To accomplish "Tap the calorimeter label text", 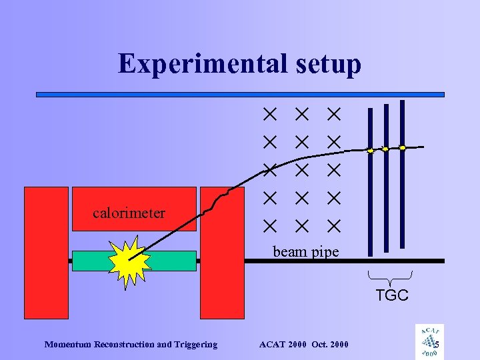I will click(129, 213).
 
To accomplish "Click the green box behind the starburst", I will click(173, 261).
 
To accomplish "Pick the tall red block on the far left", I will click(46, 252).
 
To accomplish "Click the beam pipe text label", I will click(306, 252).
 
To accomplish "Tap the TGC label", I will click(391, 295).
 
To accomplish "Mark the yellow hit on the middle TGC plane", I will click(385, 149).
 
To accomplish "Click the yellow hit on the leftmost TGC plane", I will click(371, 151).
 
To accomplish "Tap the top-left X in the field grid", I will click(269, 115).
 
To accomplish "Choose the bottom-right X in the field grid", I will click(333, 226).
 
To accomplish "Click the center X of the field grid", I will click(301, 170).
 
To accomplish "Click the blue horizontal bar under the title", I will click(240, 95).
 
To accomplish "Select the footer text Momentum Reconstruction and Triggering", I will click(131, 344).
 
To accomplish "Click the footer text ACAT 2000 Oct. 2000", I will click(303, 344).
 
